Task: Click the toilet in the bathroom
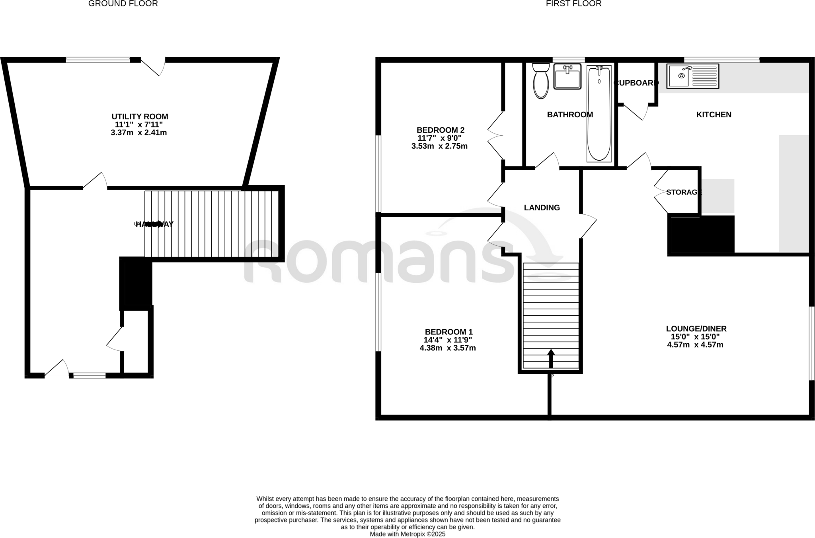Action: [540, 82]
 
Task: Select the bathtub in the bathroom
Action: [599, 114]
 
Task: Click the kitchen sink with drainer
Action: [692, 76]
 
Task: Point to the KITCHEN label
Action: [714, 115]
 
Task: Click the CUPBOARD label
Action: [636, 83]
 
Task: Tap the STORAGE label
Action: [684, 192]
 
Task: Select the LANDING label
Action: [542, 208]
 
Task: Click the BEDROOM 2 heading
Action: [440, 130]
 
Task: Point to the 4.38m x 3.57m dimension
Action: [448, 348]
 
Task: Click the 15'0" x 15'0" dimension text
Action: [696, 337]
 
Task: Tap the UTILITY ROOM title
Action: [140, 117]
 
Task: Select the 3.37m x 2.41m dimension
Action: [138, 133]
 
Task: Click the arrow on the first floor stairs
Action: [551, 358]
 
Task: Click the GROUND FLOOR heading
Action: [123, 4]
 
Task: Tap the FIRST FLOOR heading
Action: [573, 4]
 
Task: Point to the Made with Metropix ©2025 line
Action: [407, 534]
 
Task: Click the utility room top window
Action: [98, 60]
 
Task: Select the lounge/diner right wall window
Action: [812, 343]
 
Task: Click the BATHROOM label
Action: [570, 115]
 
